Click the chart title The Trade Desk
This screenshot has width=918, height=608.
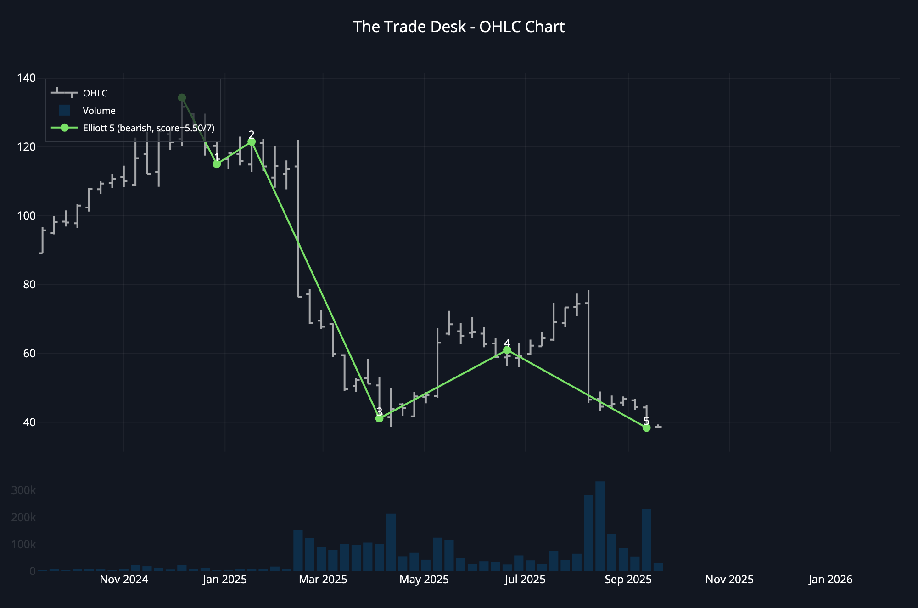coord(459,27)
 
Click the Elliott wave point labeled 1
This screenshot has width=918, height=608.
coord(217,164)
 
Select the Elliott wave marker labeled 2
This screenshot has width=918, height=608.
coord(252,142)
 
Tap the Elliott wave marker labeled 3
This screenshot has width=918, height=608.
coord(379,418)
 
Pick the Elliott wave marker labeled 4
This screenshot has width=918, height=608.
coord(507,350)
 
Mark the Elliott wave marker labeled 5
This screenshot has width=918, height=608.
coord(646,428)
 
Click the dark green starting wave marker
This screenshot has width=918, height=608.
coord(182,98)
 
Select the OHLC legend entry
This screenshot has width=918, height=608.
coord(95,93)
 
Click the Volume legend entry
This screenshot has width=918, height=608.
coord(99,111)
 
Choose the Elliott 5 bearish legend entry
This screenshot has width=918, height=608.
coord(148,128)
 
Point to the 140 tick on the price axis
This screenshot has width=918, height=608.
coord(26,78)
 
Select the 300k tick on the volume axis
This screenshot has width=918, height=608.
coord(23,490)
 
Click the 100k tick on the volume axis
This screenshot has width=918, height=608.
coord(23,545)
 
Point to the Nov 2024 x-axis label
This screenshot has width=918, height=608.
coord(124,580)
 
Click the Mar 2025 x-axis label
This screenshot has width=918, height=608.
coord(323,580)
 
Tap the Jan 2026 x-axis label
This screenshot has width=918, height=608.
coord(830,580)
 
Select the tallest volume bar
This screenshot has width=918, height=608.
coord(600,526)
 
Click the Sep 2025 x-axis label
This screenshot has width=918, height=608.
coord(628,580)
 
